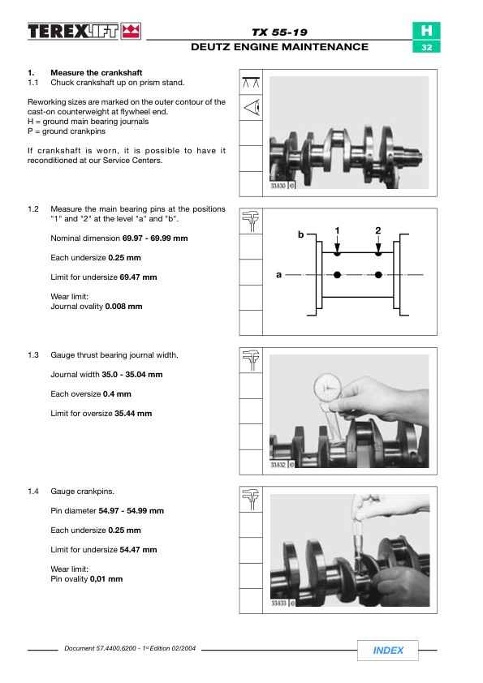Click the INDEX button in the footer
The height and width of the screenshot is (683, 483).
pyautogui.click(x=387, y=651)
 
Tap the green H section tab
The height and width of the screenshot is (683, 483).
pyautogui.click(x=426, y=31)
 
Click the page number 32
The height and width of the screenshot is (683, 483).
pyautogui.click(x=426, y=47)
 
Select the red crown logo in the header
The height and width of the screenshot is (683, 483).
pyautogui.click(x=131, y=32)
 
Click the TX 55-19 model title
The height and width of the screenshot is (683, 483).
pyautogui.click(x=279, y=32)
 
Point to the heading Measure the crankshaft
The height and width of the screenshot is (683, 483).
pyautogui.click(x=97, y=73)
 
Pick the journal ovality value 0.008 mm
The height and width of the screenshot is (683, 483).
pyautogui.click(x=124, y=307)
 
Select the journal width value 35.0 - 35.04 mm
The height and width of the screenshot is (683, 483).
pyautogui.click(x=132, y=375)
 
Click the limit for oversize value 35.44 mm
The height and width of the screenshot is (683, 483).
pyautogui.click(x=133, y=414)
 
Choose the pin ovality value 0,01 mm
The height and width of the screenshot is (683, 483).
pyautogui.click(x=106, y=579)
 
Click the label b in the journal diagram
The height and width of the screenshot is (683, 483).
pyautogui.click(x=301, y=234)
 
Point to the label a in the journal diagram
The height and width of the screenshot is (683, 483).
pyautogui.click(x=278, y=274)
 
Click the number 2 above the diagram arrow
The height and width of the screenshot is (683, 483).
pyautogui.click(x=378, y=230)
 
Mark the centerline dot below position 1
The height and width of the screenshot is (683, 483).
pyautogui.click(x=337, y=275)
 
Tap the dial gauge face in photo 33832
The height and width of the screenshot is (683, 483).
pyautogui.click(x=328, y=387)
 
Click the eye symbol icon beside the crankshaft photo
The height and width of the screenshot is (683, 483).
pyautogui.click(x=252, y=107)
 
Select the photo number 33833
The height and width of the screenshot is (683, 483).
pyautogui.click(x=278, y=604)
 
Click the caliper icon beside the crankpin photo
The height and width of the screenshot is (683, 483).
pyautogui.click(x=251, y=499)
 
